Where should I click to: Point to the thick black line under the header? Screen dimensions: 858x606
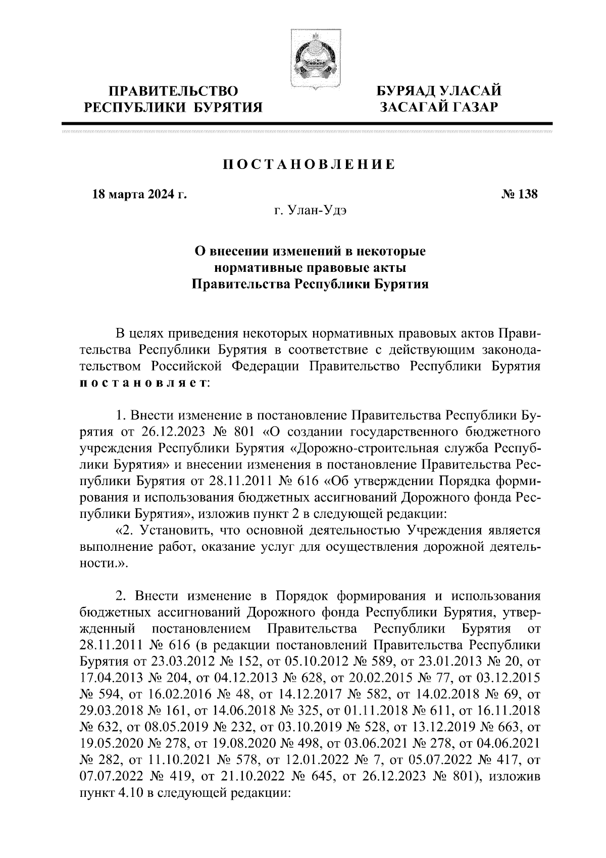[307, 123]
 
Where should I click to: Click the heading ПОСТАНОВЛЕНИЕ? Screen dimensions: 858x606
[308, 165]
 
